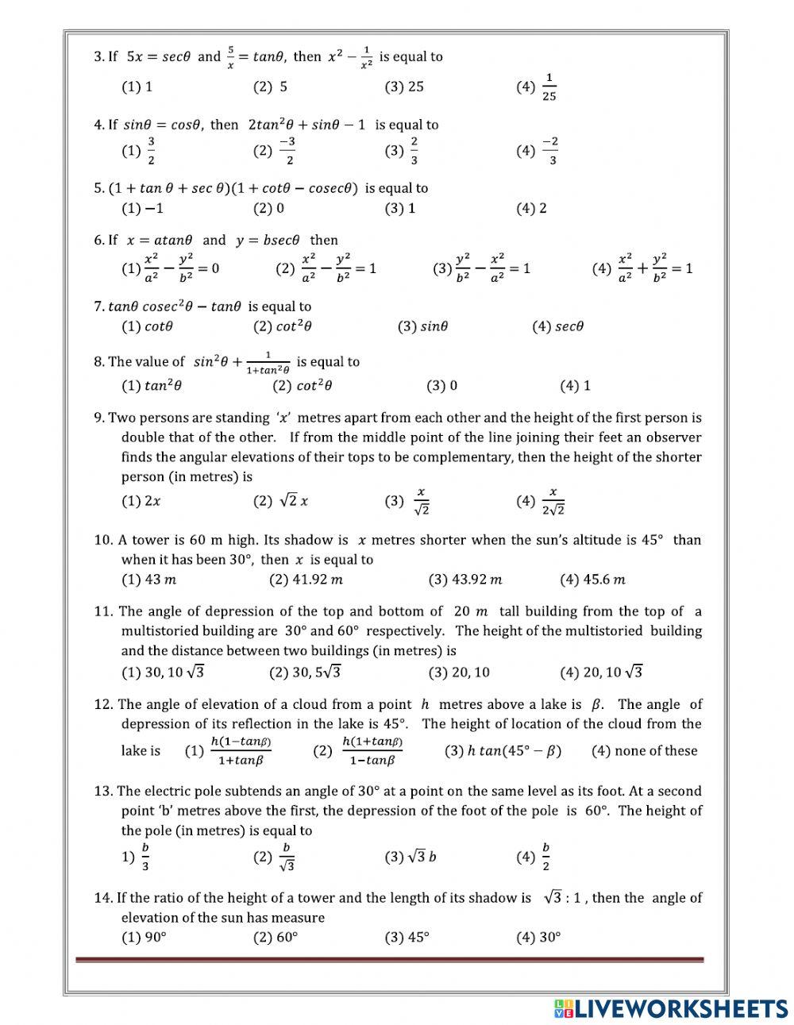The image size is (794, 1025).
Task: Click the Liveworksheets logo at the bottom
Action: point(672,1008)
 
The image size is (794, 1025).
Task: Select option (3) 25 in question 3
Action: point(404,87)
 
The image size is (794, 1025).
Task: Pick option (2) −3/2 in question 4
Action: point(275,150)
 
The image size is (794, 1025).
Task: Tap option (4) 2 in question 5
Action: point(531,208)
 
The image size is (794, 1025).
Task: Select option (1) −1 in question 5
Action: point(142,208)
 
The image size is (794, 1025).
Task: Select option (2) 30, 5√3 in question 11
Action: point(305,672)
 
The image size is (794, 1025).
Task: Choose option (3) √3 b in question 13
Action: point(410,857)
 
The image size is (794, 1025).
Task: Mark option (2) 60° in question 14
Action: point(276,937)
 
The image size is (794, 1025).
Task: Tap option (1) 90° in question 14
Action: point(144,937)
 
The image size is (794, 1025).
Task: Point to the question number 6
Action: point(98,240)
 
